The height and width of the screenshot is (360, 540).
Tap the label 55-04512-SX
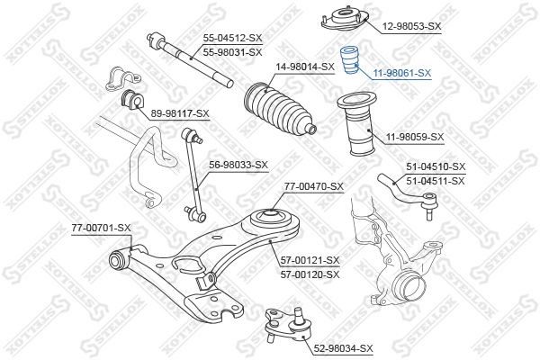coord(232,39)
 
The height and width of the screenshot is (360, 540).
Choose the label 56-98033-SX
coord(238,165)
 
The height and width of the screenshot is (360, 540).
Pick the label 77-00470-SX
coord(314,186)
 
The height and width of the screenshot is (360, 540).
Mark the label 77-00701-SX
coord(101,228)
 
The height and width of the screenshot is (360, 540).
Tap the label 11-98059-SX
coord(415,137)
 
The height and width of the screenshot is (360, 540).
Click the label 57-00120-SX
coord(310,274)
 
